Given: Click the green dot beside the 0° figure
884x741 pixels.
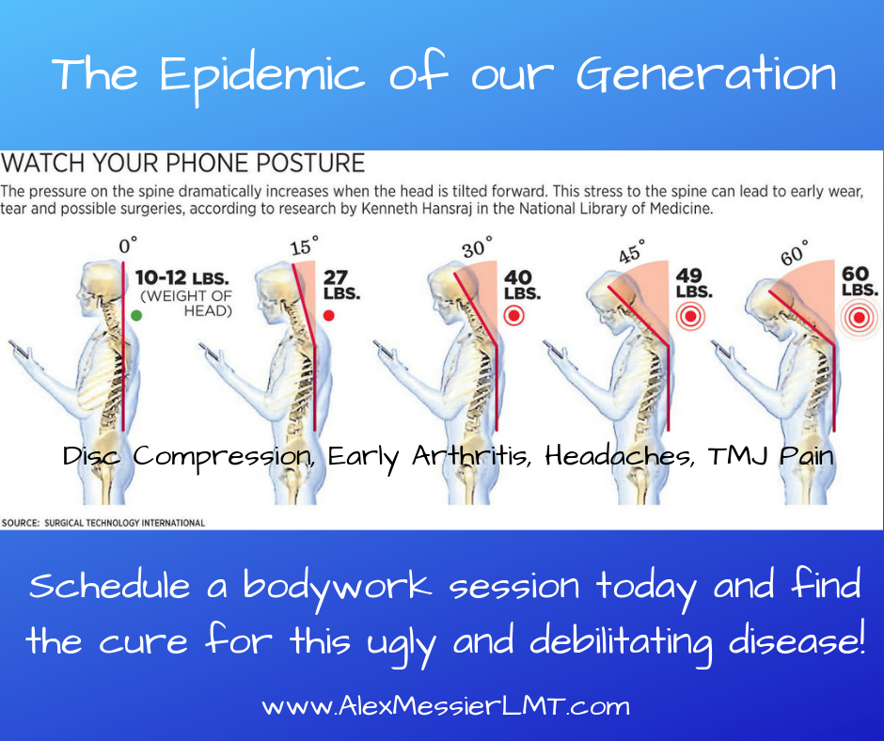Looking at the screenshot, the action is [x=136, y=315].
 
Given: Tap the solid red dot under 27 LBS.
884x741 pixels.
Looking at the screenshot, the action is [x=329, y=315].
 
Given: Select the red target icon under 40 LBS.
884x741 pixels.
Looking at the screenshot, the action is [x=513, y=315].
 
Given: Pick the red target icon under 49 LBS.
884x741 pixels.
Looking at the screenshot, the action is [x=690, y=316].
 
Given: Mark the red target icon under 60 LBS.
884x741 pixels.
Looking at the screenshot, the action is [x=860, y=318].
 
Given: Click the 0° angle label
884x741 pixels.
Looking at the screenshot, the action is [x=128, y=245].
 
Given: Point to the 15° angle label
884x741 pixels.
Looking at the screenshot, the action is [x=304, y=245].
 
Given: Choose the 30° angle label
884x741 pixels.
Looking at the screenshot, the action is [x=477, y=247].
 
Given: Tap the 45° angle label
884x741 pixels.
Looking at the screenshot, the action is [x=631, y=251].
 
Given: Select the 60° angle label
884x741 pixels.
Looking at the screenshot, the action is [x=795, y=252].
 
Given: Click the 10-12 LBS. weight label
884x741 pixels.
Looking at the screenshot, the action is [x=182, y=278].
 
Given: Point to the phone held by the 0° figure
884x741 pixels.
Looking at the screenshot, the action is [x=19, y=350].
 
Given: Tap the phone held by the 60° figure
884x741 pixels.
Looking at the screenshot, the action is [x=723, y=350].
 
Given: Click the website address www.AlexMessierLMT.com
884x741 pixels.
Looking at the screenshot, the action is [x=446, y=706].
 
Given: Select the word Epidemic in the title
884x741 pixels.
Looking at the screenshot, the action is [x=262, y=76].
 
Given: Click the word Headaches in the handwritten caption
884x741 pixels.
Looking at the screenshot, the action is [x=619, y=456].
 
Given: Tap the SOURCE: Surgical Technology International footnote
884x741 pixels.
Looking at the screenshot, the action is [x=103, y=523].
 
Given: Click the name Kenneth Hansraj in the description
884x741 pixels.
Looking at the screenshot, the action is [x=416, y=209].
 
